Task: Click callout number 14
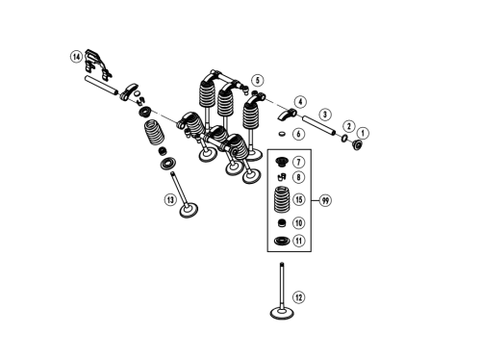(76, 57)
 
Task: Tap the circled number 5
(258, 81)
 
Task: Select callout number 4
(300, 102)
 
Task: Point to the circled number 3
(325, 115)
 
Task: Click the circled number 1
(363, 133)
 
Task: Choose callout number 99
(325, 201)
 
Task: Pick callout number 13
(170, 200)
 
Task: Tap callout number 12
(298, 297)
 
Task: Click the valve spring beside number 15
(282, 199)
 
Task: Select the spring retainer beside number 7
(282, 162)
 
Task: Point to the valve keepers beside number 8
(282, 177)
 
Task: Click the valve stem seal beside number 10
(282, 222)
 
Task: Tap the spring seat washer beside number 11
(282, 241)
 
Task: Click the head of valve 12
(282, 313)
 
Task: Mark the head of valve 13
(189, 211)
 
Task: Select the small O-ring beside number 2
(344, 139)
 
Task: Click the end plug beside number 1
(357, 145)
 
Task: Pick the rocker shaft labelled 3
(318, 125)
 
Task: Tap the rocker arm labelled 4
(287, 115)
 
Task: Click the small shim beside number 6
(282, 133)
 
